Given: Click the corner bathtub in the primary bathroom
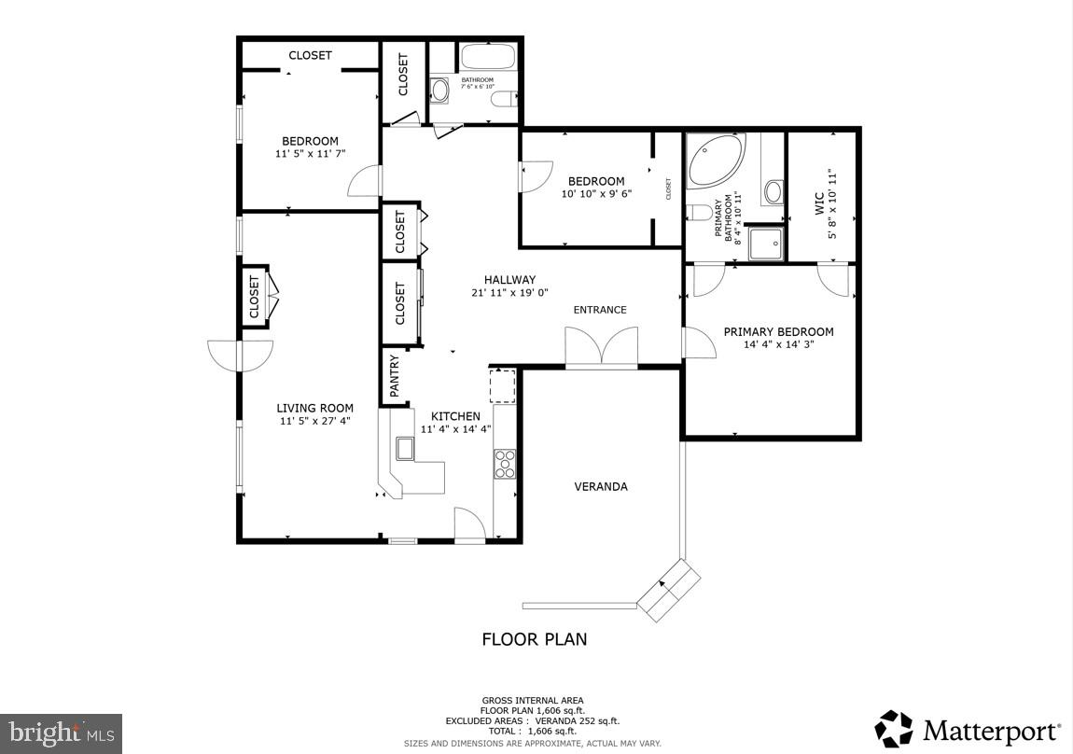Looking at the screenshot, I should tap(716, 161).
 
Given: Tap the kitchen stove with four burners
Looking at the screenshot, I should tap(505, 464).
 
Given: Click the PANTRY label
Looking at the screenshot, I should tap(395, 376).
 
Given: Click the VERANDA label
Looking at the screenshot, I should tap(600, 486).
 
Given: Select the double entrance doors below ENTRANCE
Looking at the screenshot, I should tap(602, 346).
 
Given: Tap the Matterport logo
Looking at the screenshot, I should tap(968, 729).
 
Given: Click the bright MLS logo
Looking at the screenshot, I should tap(62, 733).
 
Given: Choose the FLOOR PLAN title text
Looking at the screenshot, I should tap(534, 639).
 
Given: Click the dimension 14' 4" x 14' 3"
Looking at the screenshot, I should tap(778, 345).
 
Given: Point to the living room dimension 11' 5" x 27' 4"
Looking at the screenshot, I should tap(315, 421).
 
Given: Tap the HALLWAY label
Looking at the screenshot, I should tap(509, 280).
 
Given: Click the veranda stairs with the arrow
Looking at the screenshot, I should tap(668, 590).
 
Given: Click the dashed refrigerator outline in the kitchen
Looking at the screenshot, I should tap(503, 384).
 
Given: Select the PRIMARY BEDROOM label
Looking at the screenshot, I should tap(778, 331).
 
